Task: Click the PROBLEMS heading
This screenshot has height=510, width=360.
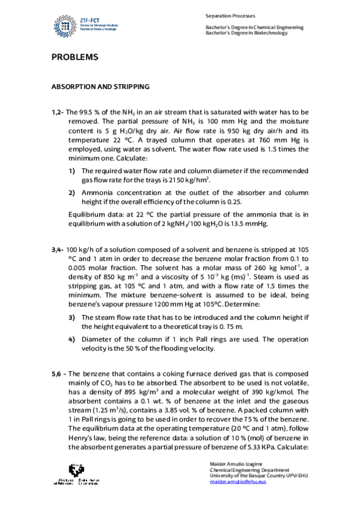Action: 74,58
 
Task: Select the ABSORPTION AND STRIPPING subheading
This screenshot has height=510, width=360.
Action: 100,87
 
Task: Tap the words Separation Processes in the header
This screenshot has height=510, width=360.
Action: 230,15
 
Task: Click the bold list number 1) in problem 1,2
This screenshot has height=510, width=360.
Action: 72,171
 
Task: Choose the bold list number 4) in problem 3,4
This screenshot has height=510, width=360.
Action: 72,338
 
